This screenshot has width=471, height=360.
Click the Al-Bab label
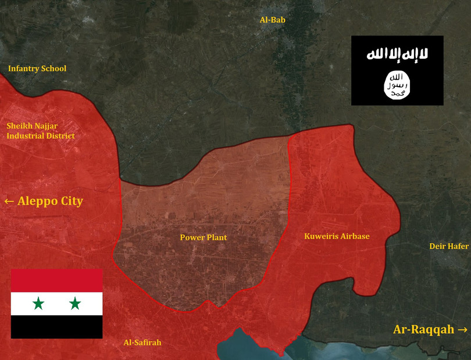(272, 20)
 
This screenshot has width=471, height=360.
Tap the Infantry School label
(37, 69)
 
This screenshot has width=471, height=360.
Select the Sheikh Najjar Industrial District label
(41, 131)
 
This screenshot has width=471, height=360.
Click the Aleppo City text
(51, 202)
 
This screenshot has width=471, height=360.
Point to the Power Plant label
(204, 237)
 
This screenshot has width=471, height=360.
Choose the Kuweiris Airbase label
(337, 236)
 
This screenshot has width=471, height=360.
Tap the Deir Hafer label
(449, 246)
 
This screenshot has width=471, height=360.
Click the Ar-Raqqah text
(423, 329)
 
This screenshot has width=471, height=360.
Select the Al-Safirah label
(142, 343)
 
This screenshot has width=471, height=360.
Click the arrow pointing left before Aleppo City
(9, 202)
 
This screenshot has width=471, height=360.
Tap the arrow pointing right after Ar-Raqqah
(462, 329)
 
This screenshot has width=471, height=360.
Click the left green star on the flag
(39, 303)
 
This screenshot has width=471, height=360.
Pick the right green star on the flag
(75, 303)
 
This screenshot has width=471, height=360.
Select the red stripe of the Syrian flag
(57, 280)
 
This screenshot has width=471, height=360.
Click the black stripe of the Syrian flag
(57, 327)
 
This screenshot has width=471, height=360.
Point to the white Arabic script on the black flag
(397, 55)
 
